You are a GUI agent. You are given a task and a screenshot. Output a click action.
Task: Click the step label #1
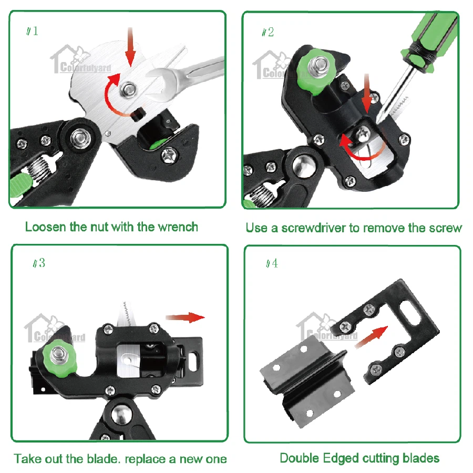pyautogui.click(x=33, y=31)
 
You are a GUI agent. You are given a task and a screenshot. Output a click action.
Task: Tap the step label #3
pyautogui.click(x=39, y=263)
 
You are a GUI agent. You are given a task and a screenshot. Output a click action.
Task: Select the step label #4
pyautogui.click(x=272, y=263)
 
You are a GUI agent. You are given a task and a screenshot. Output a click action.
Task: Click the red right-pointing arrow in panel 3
pyautogui.click(x=185, y=317)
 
